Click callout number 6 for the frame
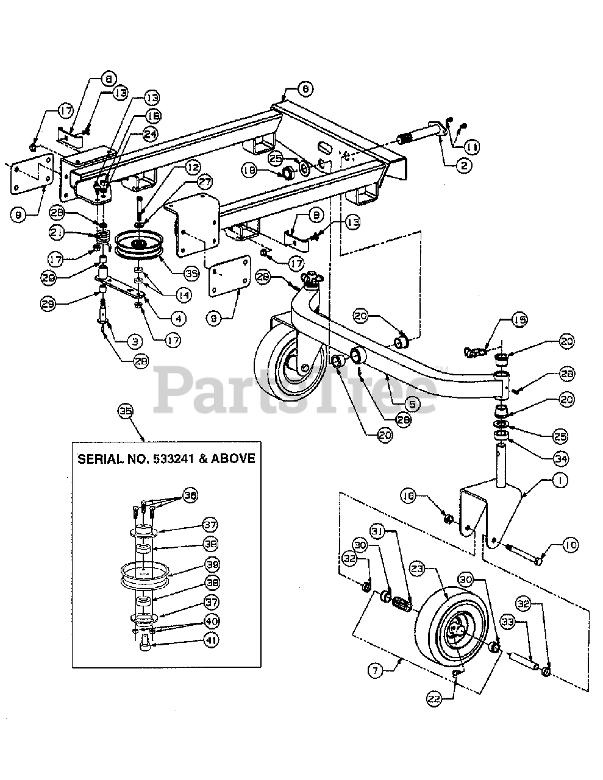pyautogui.click(x=305, y=88)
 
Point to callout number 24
pyautogui.click(x=149, y=135)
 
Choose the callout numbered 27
pyautogui.click(x=205, y=181)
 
